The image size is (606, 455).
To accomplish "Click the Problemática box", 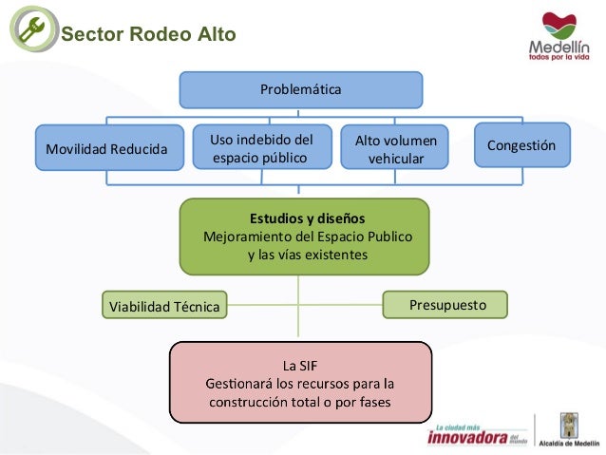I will pyautogui.click(x=300, y=89).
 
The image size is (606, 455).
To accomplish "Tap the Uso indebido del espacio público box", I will pyautogui.click(x=261, y=148).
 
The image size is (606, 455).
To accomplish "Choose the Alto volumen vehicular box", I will pyautogui.click(x=396, y=149).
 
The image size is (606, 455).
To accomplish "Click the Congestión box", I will pyautogui.click(x=521, y=145).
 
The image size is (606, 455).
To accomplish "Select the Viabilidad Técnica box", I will pyautogui.click(x=164, y=307).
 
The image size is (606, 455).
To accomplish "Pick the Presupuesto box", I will pyautogui.click(x=445, y=305).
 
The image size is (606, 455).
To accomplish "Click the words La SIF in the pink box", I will pyautogui.click(x=300, y=364).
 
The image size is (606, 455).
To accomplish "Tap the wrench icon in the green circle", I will pyautogui.click(x=31, y=31).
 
